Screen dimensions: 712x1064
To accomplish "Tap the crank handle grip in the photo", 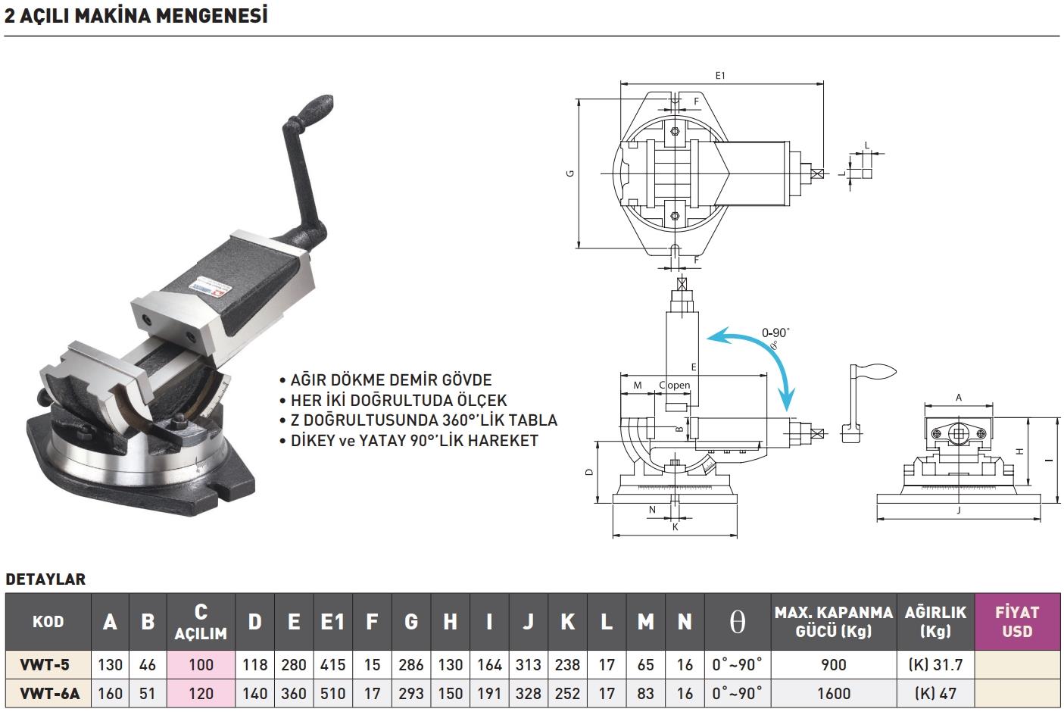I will click(310, 111).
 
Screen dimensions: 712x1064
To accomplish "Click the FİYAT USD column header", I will click(1016, 621).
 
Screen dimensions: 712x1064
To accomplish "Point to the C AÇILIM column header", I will click(201, 621).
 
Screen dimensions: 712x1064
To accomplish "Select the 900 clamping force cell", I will click(833, 665).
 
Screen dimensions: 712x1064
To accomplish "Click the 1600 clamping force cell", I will click(833, 693).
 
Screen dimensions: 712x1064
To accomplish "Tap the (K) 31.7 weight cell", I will click(935, 665).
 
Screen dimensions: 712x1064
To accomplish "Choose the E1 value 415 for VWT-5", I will click(332, 665).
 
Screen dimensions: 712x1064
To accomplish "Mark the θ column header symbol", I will click(737, 622).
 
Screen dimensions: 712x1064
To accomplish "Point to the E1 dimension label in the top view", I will click(720, 75).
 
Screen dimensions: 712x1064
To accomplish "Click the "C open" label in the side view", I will click(675, 385).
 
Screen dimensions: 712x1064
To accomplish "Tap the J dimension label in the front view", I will click(959, 511).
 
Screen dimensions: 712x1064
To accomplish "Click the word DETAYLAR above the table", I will click(45, 579).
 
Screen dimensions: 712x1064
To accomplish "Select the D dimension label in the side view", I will click(588, 472).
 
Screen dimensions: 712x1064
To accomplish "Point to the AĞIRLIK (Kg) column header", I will click(935, 621).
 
